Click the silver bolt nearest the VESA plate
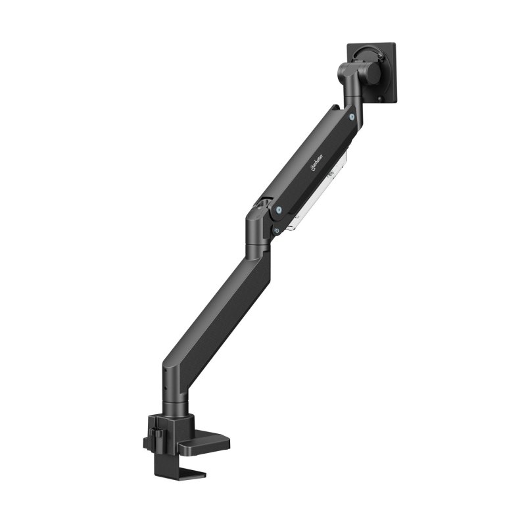(x=353, y=117)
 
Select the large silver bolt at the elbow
(x=281, y=210)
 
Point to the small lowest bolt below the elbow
(x=276, y=230)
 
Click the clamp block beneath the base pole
(x=164, y=427)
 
